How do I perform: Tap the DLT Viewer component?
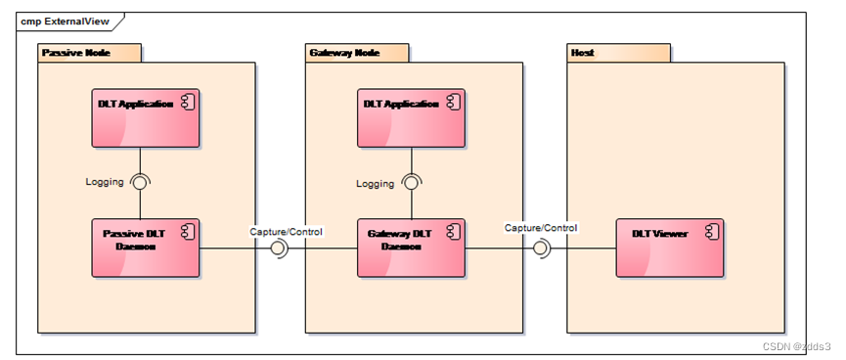click(x=668, y=247)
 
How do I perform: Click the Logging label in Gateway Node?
click(x=375, y=183)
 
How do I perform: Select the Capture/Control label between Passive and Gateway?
click(x=286, y=231)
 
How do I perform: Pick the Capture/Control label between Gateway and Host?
click(x=541, y=228)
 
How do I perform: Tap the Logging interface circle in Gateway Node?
click(x=412, y=182)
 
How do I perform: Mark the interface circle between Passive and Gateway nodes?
click(x=279, y=248)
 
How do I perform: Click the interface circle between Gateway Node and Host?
click(x=542, y=248)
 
